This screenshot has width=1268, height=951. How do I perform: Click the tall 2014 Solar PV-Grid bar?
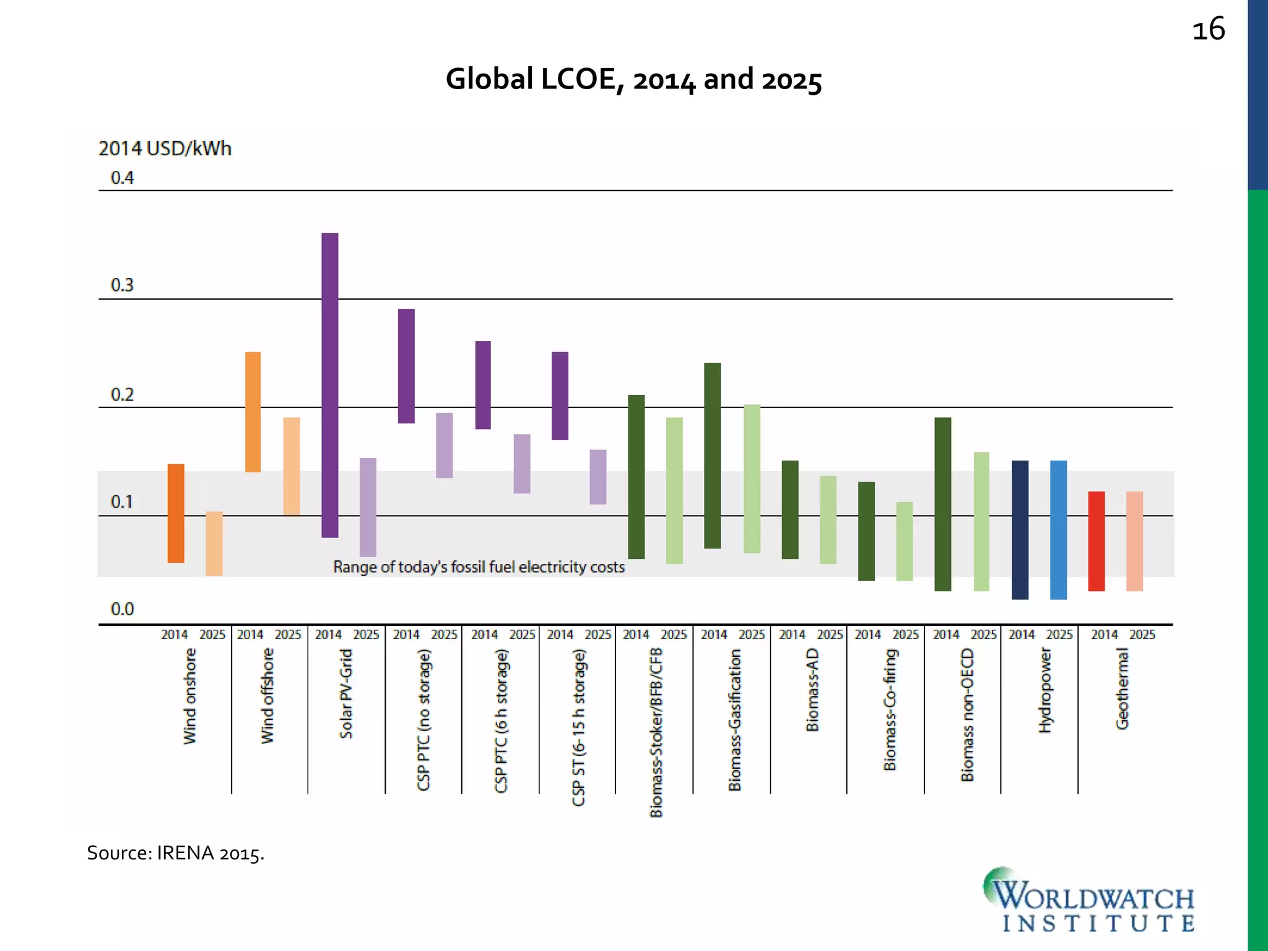point(330,384)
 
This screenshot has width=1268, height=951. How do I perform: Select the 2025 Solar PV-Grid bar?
point(368,507)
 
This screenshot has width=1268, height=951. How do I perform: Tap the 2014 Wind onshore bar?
point(176,513)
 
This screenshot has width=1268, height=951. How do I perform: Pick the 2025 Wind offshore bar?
point(292,466)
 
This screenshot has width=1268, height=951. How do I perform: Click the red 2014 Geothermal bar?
point(1096,541)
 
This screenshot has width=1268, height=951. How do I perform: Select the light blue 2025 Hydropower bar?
point(1058,529)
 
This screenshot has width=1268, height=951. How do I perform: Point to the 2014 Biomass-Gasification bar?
point(713,455)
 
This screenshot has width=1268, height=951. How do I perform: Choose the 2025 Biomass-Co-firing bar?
point(905,541)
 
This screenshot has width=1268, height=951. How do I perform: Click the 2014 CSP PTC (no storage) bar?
point(406,366)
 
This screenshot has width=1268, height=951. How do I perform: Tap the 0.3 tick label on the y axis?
point(122,285)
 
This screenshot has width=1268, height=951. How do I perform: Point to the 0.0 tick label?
point(122,609)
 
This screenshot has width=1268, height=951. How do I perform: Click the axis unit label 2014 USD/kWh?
point(165,149)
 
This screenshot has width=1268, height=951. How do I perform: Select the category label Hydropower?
point(1045,690)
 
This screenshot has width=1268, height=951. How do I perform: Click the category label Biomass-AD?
point(812,690)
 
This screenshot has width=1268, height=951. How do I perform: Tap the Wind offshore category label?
point(267,695)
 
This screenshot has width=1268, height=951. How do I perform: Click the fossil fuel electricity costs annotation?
point(479,567)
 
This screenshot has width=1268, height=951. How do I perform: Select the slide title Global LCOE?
point(633,79)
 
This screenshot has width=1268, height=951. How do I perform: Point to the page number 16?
point(1208,30)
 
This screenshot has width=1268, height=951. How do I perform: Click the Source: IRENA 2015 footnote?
point(175,853)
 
